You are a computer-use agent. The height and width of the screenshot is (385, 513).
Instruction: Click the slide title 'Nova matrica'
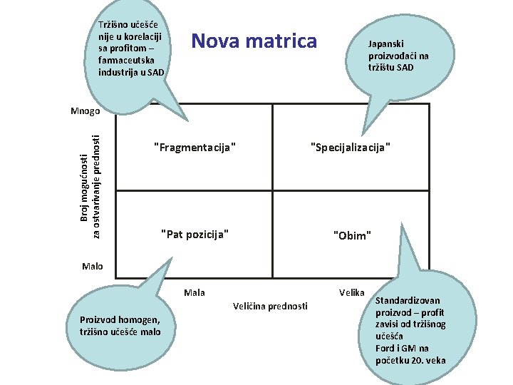point(254,41)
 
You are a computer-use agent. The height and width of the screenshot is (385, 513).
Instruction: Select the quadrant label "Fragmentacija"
point(195,148)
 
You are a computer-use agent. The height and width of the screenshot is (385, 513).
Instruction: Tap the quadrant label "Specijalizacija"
point(351,148)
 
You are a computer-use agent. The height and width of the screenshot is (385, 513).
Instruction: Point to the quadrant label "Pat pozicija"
point(195,234)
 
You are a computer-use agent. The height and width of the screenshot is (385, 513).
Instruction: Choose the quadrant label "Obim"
point(352,235)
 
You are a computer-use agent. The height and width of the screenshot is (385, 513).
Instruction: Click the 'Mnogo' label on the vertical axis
point(86,111)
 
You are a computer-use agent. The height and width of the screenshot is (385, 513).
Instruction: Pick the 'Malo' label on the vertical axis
point(92,267)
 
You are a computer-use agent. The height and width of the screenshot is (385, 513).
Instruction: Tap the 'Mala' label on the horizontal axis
point(194,292)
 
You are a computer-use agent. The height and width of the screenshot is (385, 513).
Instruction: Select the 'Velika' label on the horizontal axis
point(352,292)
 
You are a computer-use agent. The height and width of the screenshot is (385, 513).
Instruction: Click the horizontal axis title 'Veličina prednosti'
point(270,306)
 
